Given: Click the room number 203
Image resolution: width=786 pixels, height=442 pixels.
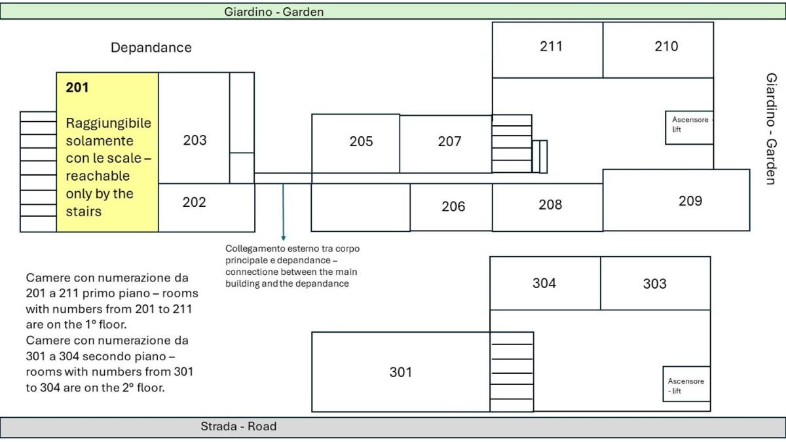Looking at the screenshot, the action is tap(195, 140).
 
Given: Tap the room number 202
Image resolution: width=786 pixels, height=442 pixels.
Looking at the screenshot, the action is tap(194, 202).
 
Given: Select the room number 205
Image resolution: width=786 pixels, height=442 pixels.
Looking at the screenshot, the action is tap(361, 141).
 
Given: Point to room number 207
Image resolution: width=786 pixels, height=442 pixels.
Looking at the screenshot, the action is tap(449, 141).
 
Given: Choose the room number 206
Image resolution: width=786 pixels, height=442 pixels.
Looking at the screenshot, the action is tap(453, 207).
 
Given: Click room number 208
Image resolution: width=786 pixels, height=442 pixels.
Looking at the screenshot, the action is tap(550, 204).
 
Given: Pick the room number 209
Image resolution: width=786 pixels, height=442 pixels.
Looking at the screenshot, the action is tap(690, 201).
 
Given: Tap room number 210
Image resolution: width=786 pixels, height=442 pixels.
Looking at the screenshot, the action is tap(666, 46).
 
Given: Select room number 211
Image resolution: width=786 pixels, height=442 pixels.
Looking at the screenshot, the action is tap(551, 46).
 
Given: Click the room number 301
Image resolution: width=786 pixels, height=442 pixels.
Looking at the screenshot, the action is tap(401, 372).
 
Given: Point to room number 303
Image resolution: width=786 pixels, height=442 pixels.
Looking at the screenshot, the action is tap(654, 284).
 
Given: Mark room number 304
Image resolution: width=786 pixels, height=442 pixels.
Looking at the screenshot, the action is tap(544, 283).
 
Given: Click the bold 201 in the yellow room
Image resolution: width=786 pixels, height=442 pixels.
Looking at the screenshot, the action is tap(77, 88).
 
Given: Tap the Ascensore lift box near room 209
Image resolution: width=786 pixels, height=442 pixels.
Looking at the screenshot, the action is tap(689, 128).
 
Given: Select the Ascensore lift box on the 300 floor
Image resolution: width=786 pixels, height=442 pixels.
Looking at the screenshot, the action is tap(686, 384).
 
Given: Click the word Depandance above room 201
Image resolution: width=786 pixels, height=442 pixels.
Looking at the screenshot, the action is tap(151, 48).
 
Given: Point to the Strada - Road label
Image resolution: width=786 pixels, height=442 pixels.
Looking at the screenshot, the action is tap(238, 426).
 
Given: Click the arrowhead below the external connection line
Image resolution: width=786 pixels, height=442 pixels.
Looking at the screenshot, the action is tap(284, 238).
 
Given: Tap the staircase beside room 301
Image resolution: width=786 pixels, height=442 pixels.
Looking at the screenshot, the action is tap(512, 372).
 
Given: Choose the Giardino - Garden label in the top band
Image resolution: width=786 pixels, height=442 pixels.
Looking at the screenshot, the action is tap(274, 12).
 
